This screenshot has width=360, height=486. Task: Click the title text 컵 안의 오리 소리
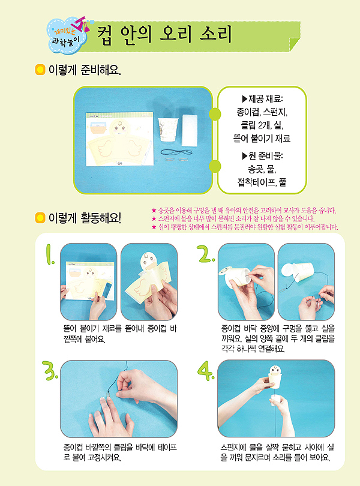pyautogui.click(x=164, y=35)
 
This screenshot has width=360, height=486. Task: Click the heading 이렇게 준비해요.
pyautogui.click(x=85, y=70)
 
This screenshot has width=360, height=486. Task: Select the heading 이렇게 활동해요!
pyautogui.click(x=85, y=218)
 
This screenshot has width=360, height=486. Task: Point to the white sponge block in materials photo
pyautogui.click(x=189, y=130)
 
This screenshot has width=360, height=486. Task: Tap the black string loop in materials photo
pyautogui.click(x=176, y=152)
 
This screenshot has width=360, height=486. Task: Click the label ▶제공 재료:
pyautogui.click(x=262, y=99)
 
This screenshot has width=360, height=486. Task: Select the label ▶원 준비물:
pyautogui.click(x=262, y=155)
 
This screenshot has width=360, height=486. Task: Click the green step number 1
pyautogui.click(x=50, y=255)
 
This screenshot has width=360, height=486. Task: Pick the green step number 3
pyautogui.click(x=50, y=371)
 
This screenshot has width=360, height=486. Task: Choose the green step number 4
pyautogui.click(x=206, y=371)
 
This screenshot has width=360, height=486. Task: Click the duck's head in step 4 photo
pyautogui.click(x=275, y=370)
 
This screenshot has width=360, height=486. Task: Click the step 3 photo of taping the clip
pyautogui.click(x=119, y=399)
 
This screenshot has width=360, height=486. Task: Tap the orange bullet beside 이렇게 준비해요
pyautogui.click(x=40, y=70)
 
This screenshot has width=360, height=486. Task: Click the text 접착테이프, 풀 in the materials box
pyautogui.click(x=262, y=182)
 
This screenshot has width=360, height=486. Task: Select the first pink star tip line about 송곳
pyautogui.click(x=244, y=211)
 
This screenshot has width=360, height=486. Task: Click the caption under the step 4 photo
pyautogui.click(x=277, y=452)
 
